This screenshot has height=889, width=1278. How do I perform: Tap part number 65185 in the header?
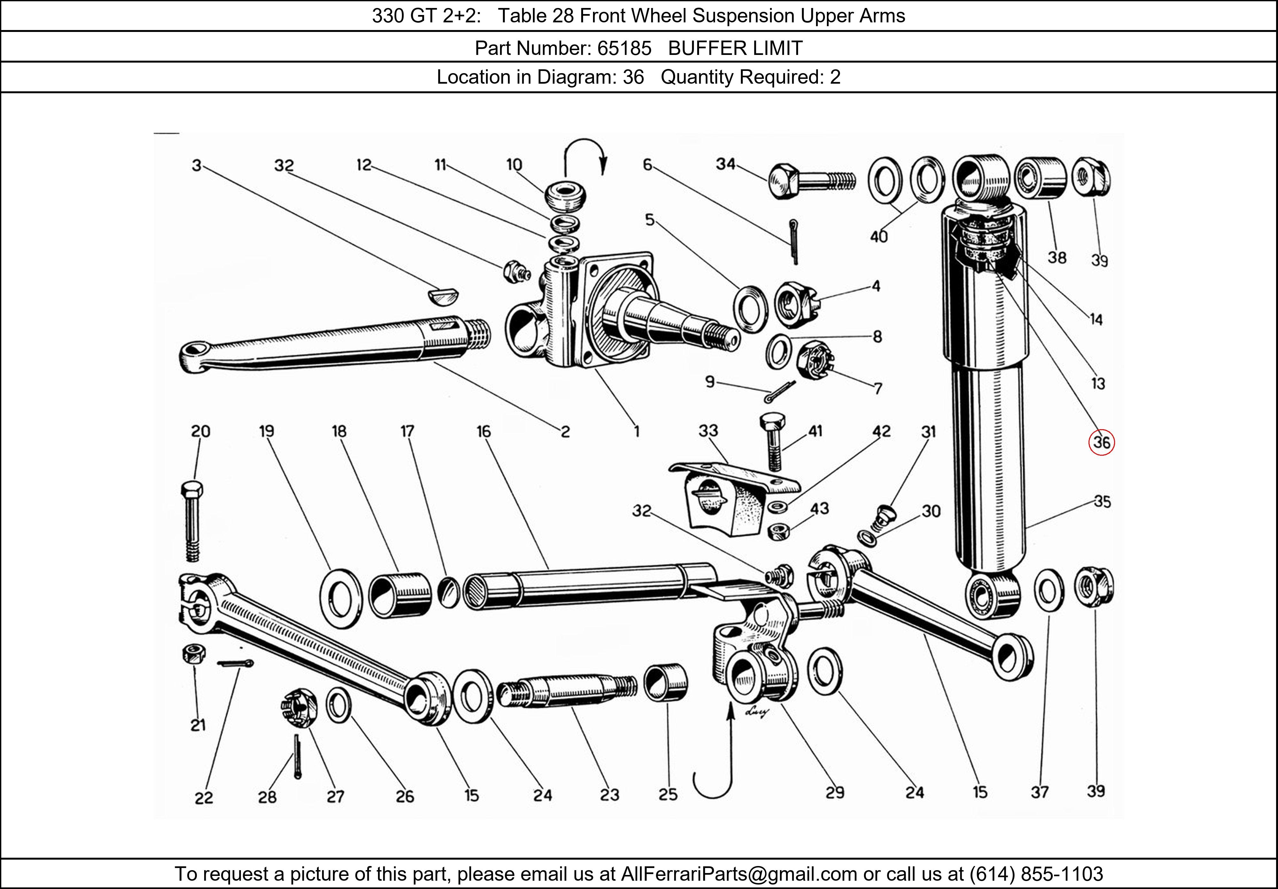624,49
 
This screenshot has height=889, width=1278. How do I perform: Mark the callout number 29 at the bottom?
834,792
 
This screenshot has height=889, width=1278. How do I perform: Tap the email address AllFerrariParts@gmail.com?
739,874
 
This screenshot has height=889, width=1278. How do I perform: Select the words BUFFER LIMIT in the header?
735,49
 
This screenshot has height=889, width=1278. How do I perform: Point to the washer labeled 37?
1049,590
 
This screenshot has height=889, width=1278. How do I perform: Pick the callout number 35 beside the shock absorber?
1102,501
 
